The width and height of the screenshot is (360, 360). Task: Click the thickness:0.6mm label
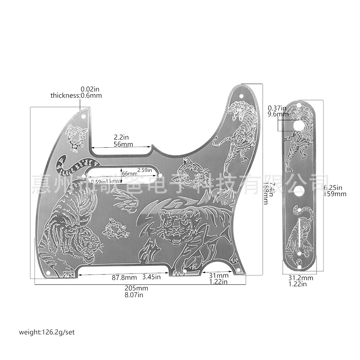(x=76, y=95)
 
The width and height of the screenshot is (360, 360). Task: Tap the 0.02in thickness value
(x=90, y=89)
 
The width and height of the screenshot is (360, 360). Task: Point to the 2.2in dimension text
(x=121, y=137)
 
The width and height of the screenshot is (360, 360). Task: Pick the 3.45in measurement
(x=152, y=277)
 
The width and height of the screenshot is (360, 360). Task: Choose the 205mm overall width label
(x=136, y=288)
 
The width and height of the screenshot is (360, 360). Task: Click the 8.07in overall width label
(x=134, y=295)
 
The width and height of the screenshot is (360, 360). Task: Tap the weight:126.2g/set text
(x=47, y=332)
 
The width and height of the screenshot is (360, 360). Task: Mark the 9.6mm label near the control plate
(x=278, y=114)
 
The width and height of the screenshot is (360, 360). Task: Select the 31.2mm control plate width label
(x=301, y=278)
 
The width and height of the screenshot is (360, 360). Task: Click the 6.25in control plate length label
(x=333, y=188)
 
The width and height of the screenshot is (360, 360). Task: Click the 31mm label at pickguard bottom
(x=219, y=275)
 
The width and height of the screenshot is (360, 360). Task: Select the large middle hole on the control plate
(x=299, y=191)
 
